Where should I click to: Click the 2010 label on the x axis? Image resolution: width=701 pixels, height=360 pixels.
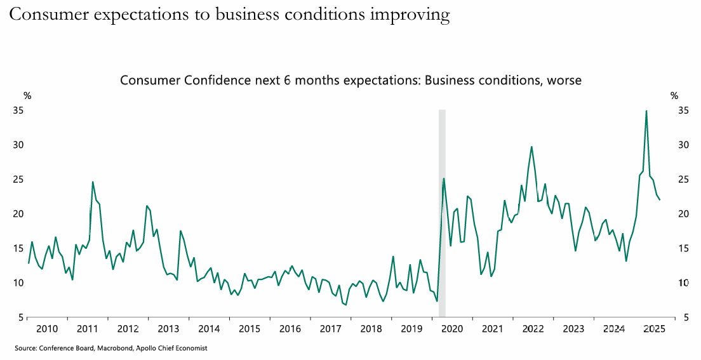pos(47,329)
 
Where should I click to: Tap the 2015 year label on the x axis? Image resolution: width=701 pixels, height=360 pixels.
pos(250,329)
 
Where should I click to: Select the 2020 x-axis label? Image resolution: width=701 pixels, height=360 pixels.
pos(451,329)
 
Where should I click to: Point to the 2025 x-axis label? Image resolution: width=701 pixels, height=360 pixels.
pos(654,329)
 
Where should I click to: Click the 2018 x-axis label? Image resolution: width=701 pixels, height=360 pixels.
pos(371,329)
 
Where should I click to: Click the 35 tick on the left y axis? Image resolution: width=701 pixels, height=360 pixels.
pos(18,110)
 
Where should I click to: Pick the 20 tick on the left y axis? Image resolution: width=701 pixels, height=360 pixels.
pos(18,214)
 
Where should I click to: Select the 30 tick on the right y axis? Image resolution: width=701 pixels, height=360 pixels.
pos(683,145)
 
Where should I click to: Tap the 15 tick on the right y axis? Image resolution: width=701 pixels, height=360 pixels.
pos(683,248)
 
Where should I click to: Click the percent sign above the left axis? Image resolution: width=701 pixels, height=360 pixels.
pos(27,96)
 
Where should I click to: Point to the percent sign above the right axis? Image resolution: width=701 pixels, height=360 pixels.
pos(674,96)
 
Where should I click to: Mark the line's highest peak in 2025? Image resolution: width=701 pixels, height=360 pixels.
pos(646,111)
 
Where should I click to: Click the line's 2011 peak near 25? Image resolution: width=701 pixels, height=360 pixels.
pos(93,182)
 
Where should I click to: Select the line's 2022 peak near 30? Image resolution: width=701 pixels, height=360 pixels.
pos(531,147)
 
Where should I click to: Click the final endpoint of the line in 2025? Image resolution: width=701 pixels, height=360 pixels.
pos(660,200)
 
